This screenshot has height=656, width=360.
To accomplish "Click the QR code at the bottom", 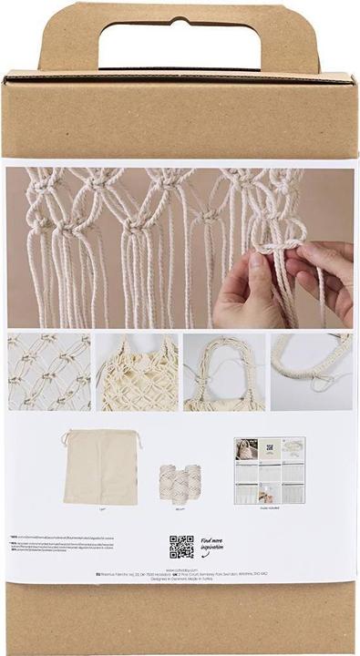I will pos(181,547).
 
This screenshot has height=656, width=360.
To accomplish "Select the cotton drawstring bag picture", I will pos(99,466).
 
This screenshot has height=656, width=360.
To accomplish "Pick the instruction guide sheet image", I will pos(269,470).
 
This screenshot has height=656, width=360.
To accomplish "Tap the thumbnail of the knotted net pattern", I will pos(49,372).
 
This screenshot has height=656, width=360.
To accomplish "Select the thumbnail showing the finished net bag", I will pos(138,372).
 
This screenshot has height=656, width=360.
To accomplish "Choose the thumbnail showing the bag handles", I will pos(224,372).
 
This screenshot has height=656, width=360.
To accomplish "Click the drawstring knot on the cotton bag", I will pos(67,440).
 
